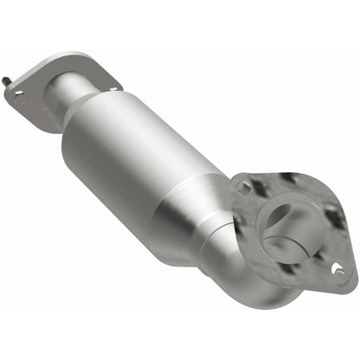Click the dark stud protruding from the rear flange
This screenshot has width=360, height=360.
[x=7, y=80]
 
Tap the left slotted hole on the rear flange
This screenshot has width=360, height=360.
[x=19, y=97]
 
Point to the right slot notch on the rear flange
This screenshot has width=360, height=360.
[x=112, y=85]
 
